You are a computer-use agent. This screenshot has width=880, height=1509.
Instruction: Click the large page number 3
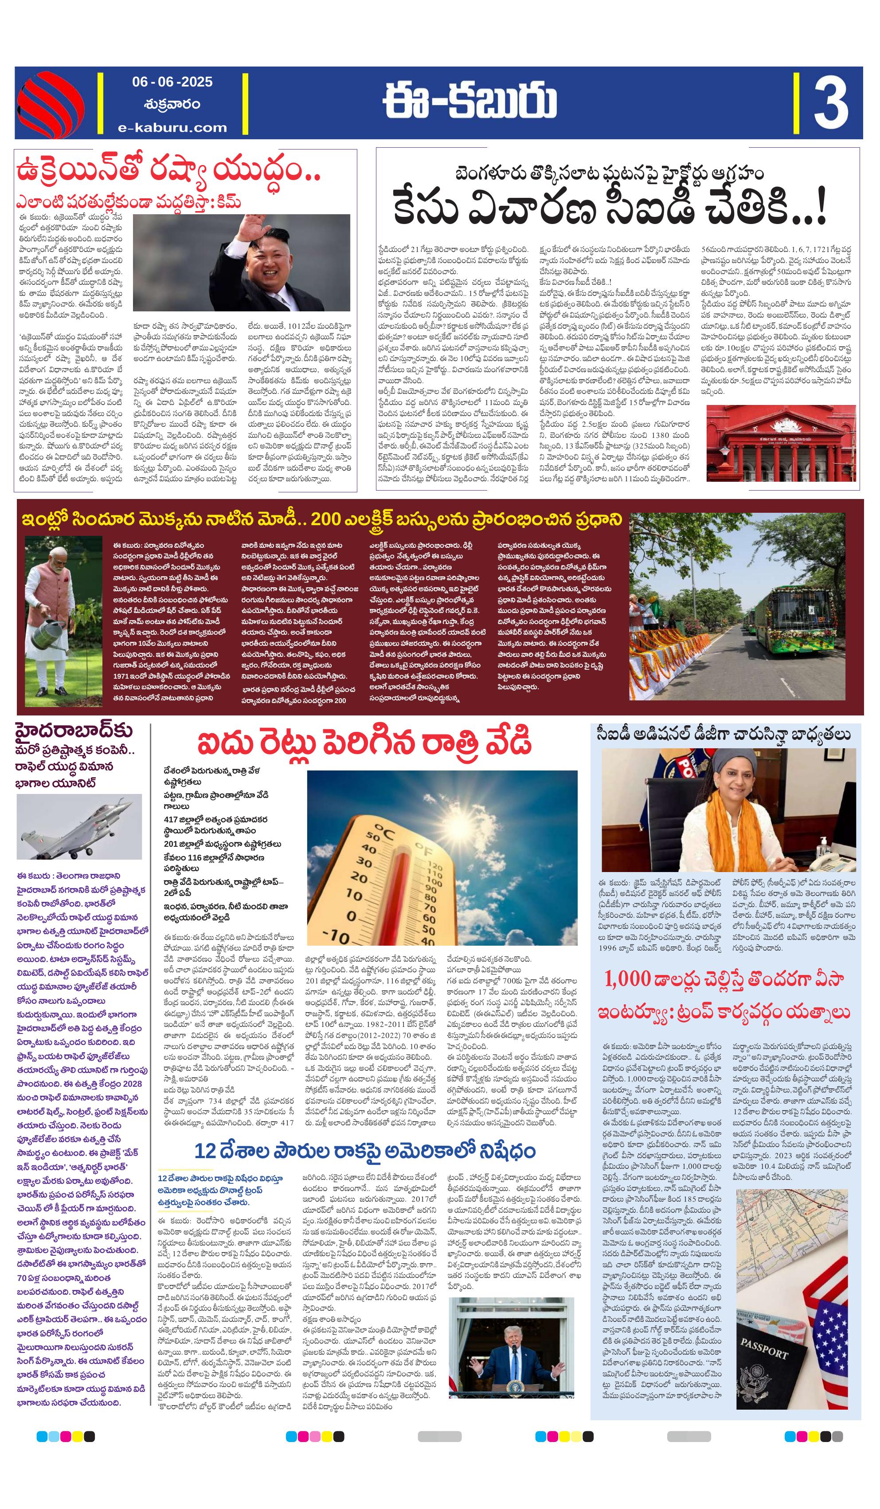(830, 102)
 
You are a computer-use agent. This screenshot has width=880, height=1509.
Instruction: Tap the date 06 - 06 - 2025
(172, 82)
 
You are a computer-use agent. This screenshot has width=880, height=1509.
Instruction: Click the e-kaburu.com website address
(172, 127)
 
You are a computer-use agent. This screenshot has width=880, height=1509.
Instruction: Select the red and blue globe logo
(50, 103)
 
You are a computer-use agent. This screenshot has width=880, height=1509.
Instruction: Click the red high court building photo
(781, 443)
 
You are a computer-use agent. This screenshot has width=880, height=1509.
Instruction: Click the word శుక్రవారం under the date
(172, 104)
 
